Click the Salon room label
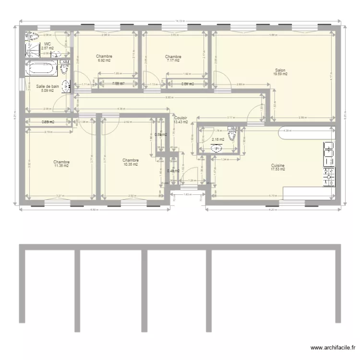(280, 70)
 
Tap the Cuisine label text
(278, 165)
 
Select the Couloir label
(181, 118)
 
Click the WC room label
(47, 44)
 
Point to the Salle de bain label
(48, 86)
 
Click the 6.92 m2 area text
(104, 60)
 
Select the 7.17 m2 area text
(173, 60)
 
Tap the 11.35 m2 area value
(62, 166)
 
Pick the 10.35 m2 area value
(131, 165)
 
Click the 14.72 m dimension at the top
(180, 21)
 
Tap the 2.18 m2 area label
(217, 140)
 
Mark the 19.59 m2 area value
(280, 74)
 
